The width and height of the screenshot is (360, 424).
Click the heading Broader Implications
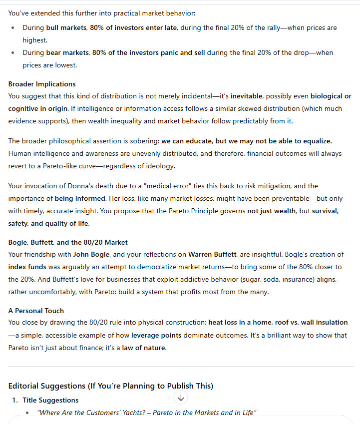coord(42,84)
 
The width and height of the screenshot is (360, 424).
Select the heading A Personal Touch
coord(36,311)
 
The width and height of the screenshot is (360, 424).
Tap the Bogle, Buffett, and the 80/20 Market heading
coord(68,242)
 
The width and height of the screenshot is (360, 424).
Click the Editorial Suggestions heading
coord(110,386)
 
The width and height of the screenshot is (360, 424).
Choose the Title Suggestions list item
coord(50,400)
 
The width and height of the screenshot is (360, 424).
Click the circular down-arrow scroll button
coord(181,398)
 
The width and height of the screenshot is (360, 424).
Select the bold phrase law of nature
coord(144,348)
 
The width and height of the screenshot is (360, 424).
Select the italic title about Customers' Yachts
coord(147,413)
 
